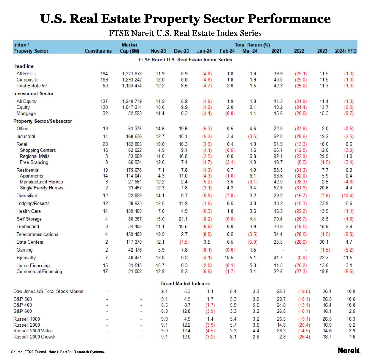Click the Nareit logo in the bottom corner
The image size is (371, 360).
pyautogui.click(x=349, y=350)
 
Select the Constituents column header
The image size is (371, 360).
pyautogui.click(x=98, y=51)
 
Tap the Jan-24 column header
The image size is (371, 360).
pyautogui.click(x=204, y=51)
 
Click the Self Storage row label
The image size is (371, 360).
pyautogui.click(x=29, y=219)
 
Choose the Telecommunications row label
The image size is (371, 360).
pyautogui.click(x=37, y=234)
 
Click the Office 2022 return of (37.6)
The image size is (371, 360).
pyautogui.click(x=301, y=129)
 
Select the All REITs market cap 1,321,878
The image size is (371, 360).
pyautogui.click(x=132, y=74)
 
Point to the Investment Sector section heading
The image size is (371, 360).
pyautogui.click(x=33, y=94)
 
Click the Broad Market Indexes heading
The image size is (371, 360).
pyautogui.click(x=185, y=283)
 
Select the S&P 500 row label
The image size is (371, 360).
pyautogui.click(x=23, y=299)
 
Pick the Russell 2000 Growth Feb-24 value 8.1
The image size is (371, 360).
pyautogui.click(x=233, y=337)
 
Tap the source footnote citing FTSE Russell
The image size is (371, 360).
pyautogui.click(x=58, y=352)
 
